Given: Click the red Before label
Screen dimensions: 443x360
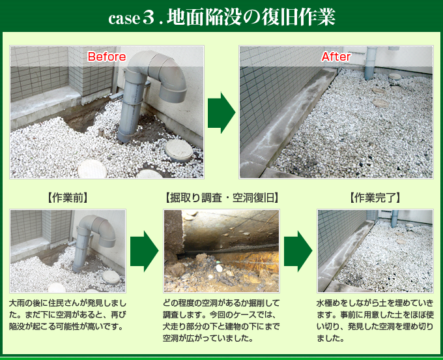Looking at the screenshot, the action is [x=106, y=57].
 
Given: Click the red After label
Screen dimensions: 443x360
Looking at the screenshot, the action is [x=336, y=57].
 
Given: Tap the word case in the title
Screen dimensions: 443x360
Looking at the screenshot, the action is [x=124, y=19].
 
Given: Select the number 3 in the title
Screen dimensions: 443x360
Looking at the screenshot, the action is [x=149, y=18].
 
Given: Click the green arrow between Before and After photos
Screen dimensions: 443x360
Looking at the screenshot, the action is [x=221, y=113].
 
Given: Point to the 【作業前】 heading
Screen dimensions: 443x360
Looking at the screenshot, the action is [x=68, y=198].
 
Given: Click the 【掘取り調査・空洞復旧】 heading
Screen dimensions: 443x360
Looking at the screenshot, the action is [x=221, y=198].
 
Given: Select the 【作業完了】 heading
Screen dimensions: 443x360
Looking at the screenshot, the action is [x=375, y=198].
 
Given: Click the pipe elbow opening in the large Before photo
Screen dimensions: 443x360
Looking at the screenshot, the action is [x=173, y=96].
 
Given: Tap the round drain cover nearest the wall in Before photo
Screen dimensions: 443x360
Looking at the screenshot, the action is [x=179, y=150].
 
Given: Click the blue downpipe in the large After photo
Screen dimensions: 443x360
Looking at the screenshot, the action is [x=371, y=63].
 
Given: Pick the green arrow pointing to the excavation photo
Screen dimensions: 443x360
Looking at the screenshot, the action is [x=144, y=251].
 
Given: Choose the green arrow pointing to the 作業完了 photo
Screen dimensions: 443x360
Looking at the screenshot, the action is [x=298, y=251].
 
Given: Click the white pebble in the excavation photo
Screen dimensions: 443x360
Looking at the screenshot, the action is [x=219, y=268].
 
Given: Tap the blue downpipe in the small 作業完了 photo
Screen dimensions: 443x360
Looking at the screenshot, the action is [x=394, y=218].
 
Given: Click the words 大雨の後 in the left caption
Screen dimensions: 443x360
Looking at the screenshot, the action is [x=25, y=304].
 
